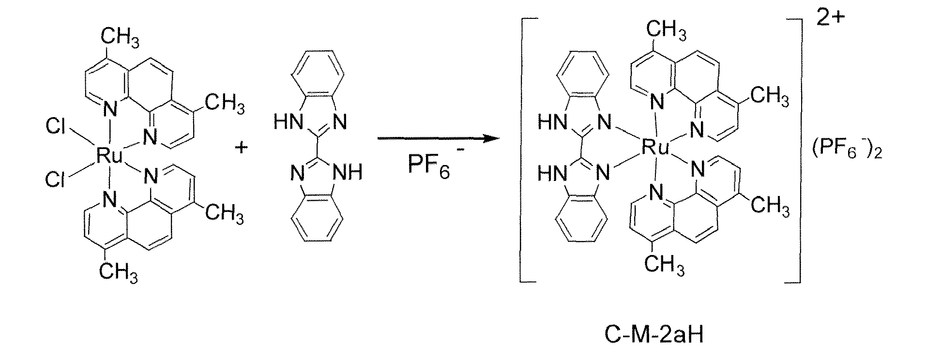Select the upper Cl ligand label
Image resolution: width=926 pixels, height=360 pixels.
pos(57,128)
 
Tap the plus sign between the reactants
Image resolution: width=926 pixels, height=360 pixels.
pos(241,147)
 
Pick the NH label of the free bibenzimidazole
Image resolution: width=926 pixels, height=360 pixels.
pos(349,172)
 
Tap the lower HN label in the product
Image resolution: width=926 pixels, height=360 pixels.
pos(552,173)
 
